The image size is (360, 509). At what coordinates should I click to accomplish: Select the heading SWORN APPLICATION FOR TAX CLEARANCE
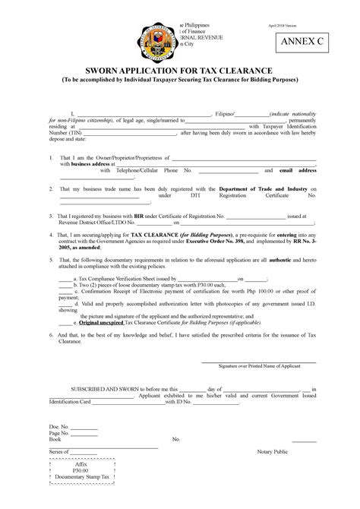(x=179, y=69)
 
